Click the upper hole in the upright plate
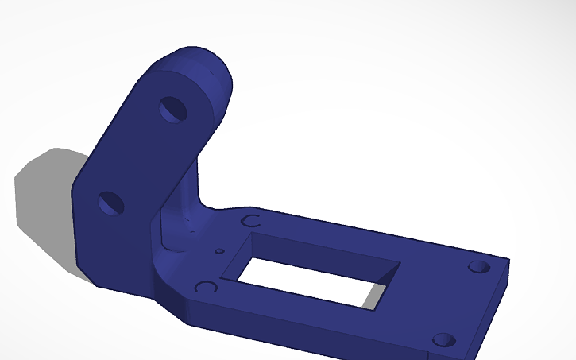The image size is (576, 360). point(172,110)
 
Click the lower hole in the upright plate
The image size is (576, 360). point(111,203)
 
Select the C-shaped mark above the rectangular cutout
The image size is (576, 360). point(251,220)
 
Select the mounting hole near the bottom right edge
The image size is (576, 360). point(443,341)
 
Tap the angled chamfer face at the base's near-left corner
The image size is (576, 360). point(171,298)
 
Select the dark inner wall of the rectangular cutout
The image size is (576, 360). point(318,250)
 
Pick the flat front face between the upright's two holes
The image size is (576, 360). point(139,159)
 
